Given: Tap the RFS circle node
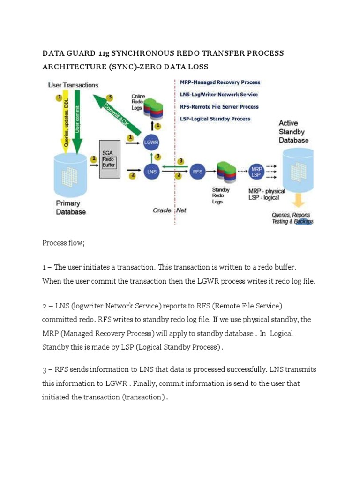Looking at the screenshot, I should coord(198,172).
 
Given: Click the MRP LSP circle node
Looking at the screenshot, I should coord(256,172).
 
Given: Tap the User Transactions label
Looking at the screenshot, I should coord(73,85).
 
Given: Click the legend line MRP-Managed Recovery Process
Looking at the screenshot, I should coord(220,82).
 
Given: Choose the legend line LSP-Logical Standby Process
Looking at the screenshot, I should coord(215,119).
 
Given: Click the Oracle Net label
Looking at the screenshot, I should coord(169,210).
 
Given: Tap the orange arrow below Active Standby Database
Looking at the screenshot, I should coord(297,201).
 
